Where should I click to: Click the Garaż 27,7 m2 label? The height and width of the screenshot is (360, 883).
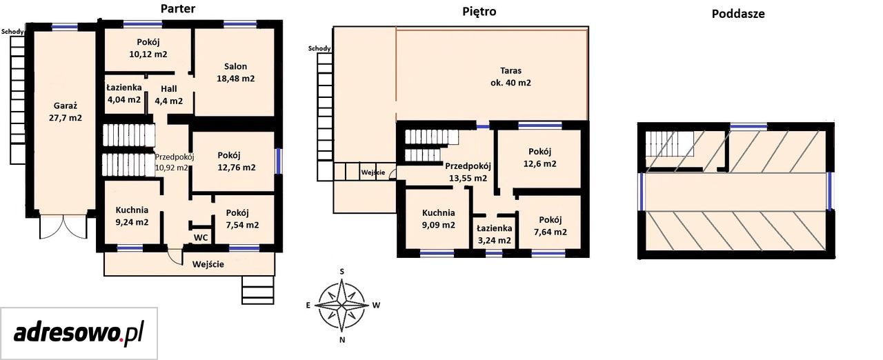coord(66,112)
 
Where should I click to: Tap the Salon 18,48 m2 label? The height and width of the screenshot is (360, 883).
coord(236,72)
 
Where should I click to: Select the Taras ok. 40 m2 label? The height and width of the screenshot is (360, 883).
coord(511,77)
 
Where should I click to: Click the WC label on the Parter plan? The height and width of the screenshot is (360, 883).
coord(201,237)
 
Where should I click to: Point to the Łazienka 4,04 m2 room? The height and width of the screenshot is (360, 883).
coord(124,94)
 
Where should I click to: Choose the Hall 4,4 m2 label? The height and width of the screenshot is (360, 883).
coord(169,95)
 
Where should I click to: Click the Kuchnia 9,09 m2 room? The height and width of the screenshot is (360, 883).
coord(438,219)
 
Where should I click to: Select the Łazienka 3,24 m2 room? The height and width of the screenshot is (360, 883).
coord(495,233)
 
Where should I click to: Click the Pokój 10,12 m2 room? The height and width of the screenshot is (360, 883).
coord(148,49)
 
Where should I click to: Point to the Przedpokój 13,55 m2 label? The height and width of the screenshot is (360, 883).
coord(468,172)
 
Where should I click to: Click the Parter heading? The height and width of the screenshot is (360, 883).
coord(178,9)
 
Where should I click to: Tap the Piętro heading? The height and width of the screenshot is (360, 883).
coord(479,12)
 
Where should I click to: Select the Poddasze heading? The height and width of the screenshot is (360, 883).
coord(738,14)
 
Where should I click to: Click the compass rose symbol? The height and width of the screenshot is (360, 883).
coord(341,305)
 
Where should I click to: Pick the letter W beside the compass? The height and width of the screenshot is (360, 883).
coord(377,305)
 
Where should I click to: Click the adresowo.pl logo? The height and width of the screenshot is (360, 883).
coord(79,334)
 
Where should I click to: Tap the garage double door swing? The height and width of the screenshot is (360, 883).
coord(63,227)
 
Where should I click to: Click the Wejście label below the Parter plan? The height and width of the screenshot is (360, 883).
coord(208,264)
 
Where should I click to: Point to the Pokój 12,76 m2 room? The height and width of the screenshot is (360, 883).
coord(233,161)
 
